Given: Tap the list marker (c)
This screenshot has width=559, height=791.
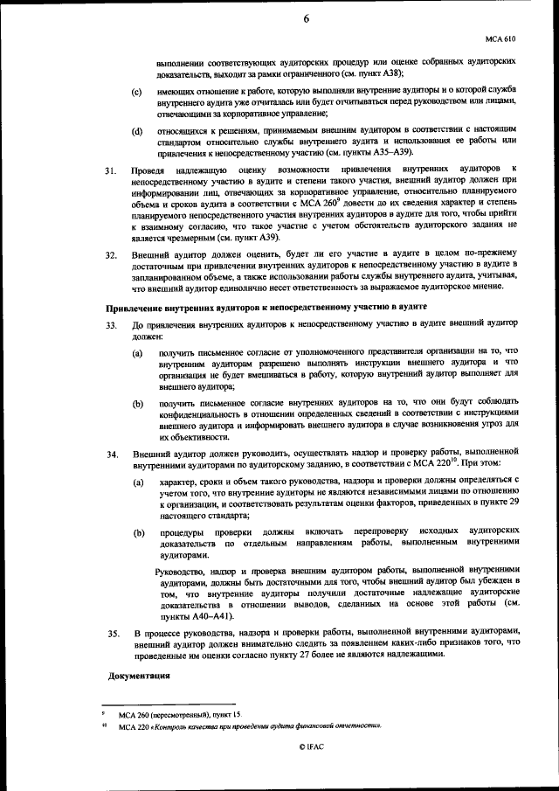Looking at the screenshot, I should pyautogui.click(x=136, y=92).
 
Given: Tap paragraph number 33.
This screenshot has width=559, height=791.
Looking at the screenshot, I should pyautogui.click(x=111, y=325).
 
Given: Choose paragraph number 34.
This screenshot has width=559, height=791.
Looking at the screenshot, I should pyautogui.click(x=111, y=454).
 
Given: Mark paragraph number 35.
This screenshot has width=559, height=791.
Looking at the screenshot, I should pyautogui.click(x=111, y=631).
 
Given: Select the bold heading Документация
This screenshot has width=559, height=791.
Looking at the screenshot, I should pyautogui.click(x=138, y=677).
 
